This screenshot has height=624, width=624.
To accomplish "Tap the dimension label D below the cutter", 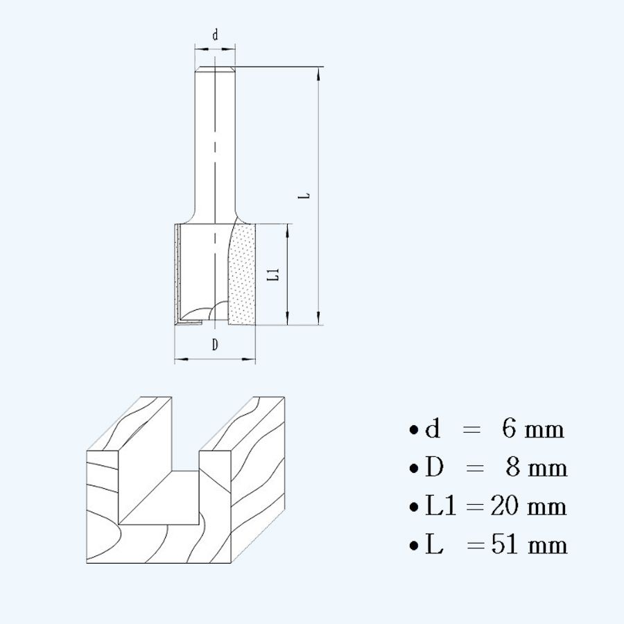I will pyautogui.click(x=215, y=345).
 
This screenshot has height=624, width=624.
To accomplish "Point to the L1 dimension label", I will pyautogui.click(x=274, y=274).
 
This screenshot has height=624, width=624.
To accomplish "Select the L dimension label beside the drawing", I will pyautogui.click(x=304, y=196).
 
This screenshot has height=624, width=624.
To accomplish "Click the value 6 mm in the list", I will pyautogui.click(x=533, y=429).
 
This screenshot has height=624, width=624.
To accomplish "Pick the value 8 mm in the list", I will pyautogui.click(x=536, y=468).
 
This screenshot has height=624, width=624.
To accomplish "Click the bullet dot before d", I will pyautogui.click(x=414, y=430).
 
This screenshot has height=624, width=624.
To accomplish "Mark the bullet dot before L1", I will pyautogui.click(x=414, y=507).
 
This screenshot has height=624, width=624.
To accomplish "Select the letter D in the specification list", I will pyautogui.click(x=434, y=468).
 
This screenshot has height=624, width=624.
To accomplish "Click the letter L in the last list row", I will pyautogui.click(x=434, y=545).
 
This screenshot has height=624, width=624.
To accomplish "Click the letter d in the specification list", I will pyautogui.click(x=433, y=429).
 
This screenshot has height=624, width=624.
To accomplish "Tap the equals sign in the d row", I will pyautogui.click(x=471, y=430).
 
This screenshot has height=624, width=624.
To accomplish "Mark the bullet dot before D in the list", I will pyautogui.click(x=414, y=469).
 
